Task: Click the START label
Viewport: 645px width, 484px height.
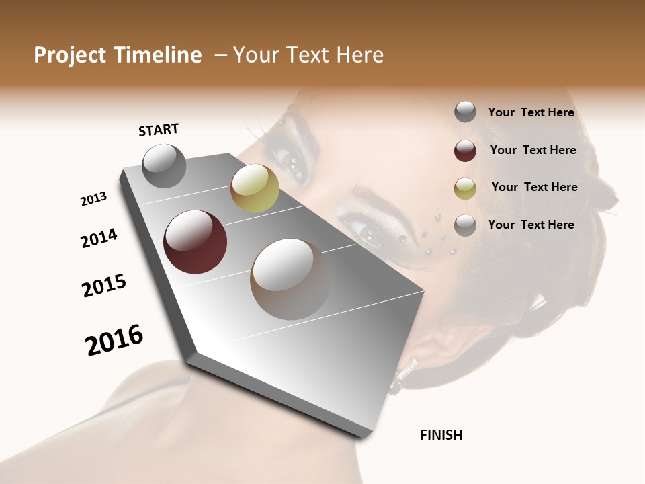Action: [x=159, y=130]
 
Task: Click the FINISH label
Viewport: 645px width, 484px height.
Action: [x=441, y=435]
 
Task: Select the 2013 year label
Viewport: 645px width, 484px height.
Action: [x=93, y=199]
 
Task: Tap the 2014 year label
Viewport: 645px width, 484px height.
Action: [x=99, y=239]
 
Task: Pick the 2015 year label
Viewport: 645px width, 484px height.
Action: [x=104, y=286]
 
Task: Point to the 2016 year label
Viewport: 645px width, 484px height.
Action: [x=114, y=340]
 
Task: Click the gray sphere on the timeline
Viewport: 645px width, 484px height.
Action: [x=164, y=165]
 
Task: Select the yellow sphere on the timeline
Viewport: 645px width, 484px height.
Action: [x=255, y=188]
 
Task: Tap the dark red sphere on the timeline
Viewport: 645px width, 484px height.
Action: [x=195, y=242]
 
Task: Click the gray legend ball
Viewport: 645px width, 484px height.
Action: [x=465, y=112]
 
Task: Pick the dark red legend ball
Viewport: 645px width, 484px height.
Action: [x=465, y=151]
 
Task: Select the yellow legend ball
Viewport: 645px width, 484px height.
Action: [x=465, y=188]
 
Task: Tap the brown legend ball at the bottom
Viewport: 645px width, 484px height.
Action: [x=465, y=225]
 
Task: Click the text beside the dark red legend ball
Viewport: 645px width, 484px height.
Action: [x=533, y=150]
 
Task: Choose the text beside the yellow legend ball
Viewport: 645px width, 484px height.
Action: [x=534, y=187]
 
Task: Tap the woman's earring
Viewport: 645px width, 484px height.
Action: [x=403, y=376]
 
